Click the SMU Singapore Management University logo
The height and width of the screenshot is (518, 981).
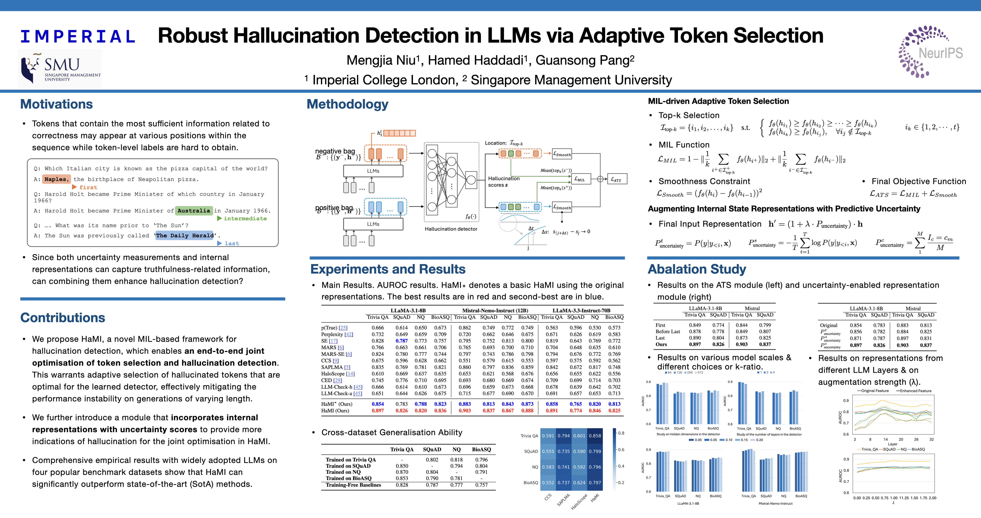tap(60, 68)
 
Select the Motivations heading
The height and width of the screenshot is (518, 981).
tap(56, 104)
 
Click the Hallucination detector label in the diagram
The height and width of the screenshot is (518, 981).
tap(451, 229)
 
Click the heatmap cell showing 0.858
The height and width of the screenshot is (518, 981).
tap(595, 436)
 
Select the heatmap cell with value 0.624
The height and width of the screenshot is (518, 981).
tap(579, 483)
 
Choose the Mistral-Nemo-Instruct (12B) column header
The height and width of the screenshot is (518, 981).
tap(495, 310)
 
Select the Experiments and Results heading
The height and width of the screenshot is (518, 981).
tap(388, 269)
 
